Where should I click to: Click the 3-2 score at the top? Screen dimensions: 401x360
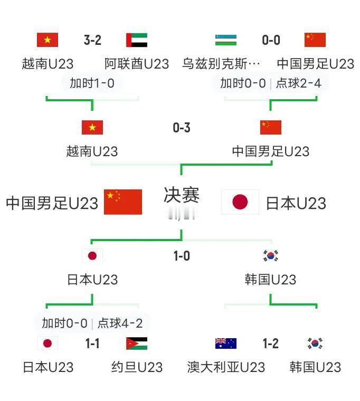pyautogui.click(x=92, y=40)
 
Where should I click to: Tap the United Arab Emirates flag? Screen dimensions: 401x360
pyautogui.click(x=137, y=40)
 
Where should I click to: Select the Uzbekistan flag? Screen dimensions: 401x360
pyautogui.click(x=225, y=40)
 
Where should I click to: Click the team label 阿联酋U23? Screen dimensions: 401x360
pyautogui.click(x=137, y=64)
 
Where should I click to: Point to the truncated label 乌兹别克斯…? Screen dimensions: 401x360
pyautogui.click(x=221, y=64)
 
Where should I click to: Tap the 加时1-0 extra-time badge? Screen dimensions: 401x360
pyautogui.click(x=92, y=83)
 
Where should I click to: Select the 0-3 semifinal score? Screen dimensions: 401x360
pyautogui.click(x=181, y=128)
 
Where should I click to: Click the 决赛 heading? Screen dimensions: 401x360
pyautogui.click(x=181, y=195)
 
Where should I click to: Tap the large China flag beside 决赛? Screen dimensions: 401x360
pyautogui.click(x=123, y=202)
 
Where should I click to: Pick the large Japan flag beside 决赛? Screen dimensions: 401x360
pyautogui.click(x=240, y=202)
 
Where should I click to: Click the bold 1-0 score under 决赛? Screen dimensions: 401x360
pyautogui.click(x=181, y=256)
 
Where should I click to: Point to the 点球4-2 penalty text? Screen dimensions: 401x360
pyautogui.click(x=120, y=323)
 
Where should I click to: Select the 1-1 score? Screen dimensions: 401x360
pyautogui.click(x=92, y=344)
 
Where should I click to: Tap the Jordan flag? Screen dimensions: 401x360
pyautogui.click(x=137, y=343)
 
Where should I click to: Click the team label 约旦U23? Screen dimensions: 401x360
pyautogui.click(x=137, y=367)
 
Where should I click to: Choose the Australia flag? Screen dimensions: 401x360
pyautogui.click(x=225, y=343)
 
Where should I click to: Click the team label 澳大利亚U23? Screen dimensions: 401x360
pyautogui.click(x=226, y=367)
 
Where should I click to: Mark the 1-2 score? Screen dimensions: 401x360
pyautogui.click(x=270, y=344)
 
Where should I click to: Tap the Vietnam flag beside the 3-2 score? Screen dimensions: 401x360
pyautogui.click(x=48, y=40)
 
